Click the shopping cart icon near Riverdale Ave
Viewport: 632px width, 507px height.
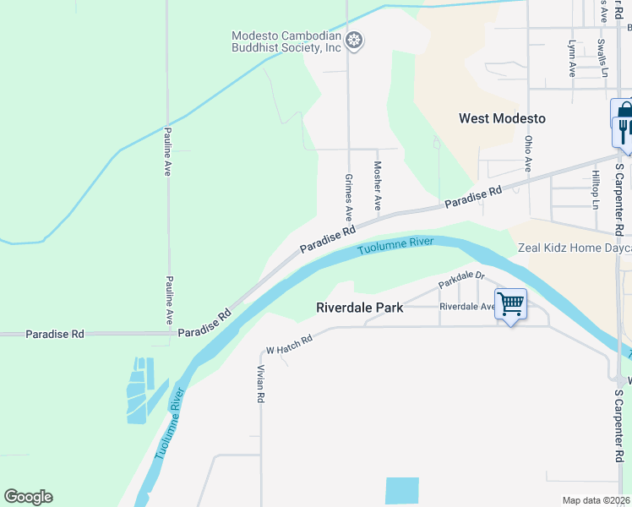(510, 303)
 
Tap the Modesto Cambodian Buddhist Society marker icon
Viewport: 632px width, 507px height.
(355, 41)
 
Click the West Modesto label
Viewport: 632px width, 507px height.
(502, 118)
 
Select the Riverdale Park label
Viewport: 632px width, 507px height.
(359, 308)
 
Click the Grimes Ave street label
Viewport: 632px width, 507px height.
(348, 198)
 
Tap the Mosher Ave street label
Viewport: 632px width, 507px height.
(378, 186)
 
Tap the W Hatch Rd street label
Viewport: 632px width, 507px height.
(290, 344)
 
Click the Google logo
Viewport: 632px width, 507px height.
(28, 497)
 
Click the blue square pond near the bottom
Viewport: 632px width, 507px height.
(401, 491)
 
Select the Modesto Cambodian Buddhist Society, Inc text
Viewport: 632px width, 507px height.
(286, 41)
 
